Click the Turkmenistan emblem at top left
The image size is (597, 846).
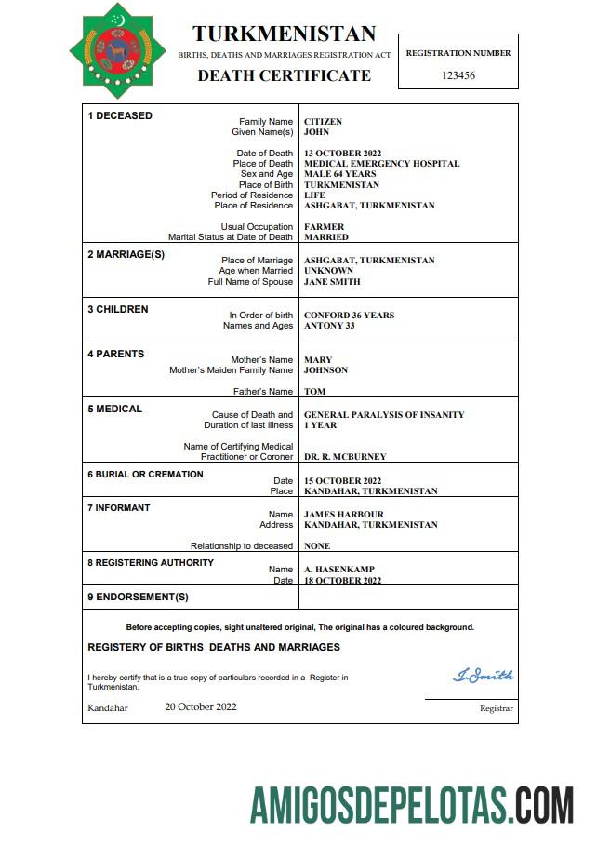(116, 50)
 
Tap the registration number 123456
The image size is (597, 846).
(458, 75)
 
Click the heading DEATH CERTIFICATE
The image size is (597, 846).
(284, 75)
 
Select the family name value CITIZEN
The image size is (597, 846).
(323, 122)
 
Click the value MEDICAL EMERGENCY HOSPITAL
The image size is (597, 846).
(381, 164)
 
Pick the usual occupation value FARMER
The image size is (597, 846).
(324, 227)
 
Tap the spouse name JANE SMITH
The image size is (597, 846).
(332, 282)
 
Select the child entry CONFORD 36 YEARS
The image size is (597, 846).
(349, 316)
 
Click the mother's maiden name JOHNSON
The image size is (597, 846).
(325, 370)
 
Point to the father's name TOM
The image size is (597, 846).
(314, 392)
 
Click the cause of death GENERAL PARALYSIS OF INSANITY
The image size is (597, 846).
(384, 415)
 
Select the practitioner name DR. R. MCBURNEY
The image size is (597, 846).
(345, 457)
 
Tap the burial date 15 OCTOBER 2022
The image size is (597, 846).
(342, 480)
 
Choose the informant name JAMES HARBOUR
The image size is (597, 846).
(343, 515)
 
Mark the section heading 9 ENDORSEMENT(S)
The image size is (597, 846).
(138, 597)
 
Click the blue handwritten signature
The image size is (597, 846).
(483, 676)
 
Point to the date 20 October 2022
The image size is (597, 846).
(201, 706)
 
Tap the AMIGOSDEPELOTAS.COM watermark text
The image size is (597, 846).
(411, 805)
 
